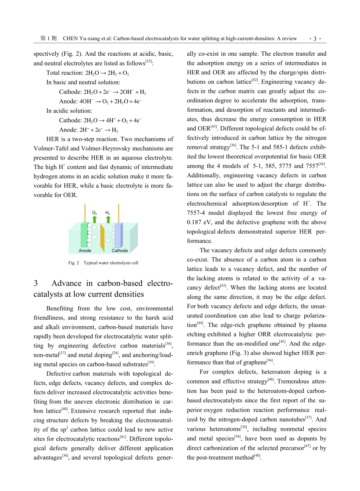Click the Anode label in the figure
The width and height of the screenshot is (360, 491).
(85, 251)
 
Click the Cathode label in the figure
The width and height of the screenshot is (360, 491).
(120, 251)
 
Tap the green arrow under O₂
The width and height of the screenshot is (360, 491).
(94, 219)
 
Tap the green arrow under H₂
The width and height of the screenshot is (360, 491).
(108, 219)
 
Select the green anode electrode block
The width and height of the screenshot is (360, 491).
(84, 235)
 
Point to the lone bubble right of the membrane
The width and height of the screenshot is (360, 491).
(108, 240)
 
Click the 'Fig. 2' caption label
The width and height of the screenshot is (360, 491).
(74, 263)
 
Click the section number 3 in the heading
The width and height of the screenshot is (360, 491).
(36, 283)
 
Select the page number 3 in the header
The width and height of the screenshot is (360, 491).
(315, 39)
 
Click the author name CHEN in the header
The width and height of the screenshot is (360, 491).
(70, 39)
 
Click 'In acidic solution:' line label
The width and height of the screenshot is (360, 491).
(69, 111)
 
